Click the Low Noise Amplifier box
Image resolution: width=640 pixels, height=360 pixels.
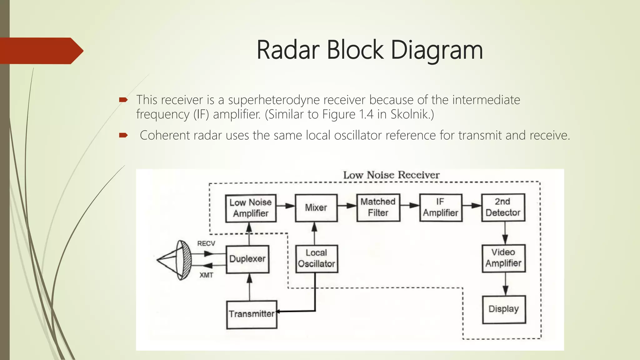click(251, 208)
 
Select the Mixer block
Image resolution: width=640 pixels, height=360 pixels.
click(316, 208)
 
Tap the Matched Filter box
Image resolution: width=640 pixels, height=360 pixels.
click(378, 207)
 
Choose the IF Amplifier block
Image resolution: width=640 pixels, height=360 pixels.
click(441, 207)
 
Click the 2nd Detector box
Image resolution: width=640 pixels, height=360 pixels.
click(503, 207)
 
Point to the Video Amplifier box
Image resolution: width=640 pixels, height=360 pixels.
click(503, 258)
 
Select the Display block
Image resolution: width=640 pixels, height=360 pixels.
click(504, 309)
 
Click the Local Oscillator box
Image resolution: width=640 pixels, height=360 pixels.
click(316, 258)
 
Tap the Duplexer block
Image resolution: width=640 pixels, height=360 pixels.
click(247, 259)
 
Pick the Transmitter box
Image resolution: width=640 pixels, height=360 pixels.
click(252, 314)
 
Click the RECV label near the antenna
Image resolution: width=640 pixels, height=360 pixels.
click(206, 243)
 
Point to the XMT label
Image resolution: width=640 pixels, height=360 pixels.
click(206, 275)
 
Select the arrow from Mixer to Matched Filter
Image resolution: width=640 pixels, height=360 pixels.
click(347, 206)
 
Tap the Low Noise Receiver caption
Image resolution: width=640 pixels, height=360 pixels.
click(391, 175)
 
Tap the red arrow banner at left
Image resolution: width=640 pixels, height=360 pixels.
click(41, 51)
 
